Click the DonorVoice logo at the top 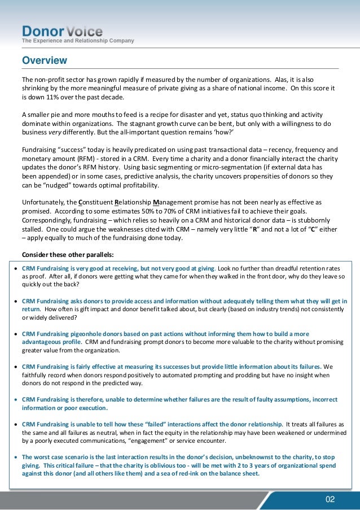tap(62, 30)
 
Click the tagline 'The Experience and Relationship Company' tap(77, 41)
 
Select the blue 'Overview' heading tap(44, 60)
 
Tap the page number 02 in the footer tap(330, 499)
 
